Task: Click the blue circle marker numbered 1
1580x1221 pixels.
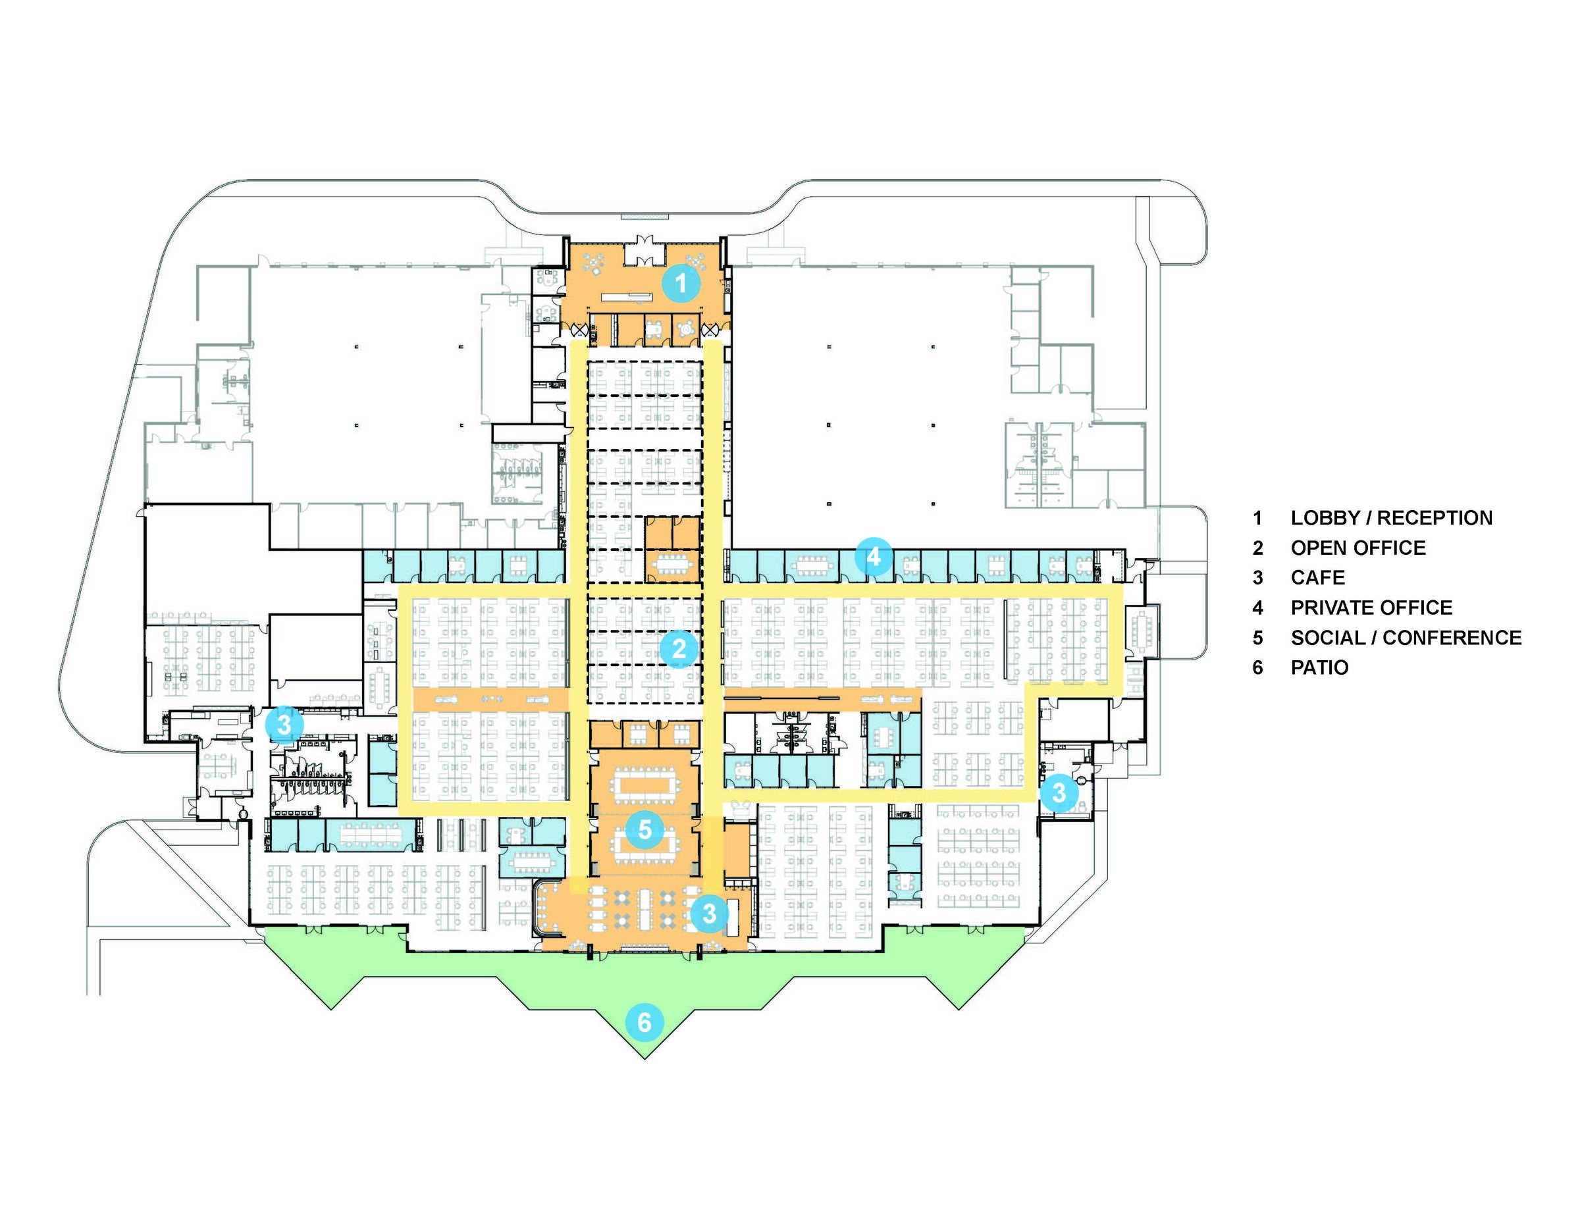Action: [x=681, y=284]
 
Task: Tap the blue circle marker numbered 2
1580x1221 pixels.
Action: [x=679, y=649]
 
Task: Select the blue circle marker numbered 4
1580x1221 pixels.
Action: [x=873, y=557]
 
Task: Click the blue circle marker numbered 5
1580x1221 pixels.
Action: [x=645, y=829]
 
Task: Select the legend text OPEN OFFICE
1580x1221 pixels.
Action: [x=1358, y=548]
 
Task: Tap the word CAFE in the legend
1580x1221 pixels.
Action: [x=1317, y=578]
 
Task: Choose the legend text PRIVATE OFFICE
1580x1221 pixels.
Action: [x=1371, y=608]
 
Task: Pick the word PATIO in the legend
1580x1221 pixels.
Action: [x=1319, y=667]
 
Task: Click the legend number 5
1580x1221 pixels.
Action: [x=1258, y=638]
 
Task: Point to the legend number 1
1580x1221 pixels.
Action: [x=1258, y=518]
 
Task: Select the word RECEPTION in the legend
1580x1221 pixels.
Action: [x=1435, y=518]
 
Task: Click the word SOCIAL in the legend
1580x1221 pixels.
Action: [x=1329, y=638]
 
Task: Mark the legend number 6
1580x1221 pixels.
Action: [x=1258, y=667]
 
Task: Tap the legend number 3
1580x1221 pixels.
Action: [x=1258, y=578]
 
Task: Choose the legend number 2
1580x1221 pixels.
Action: [x=1258, y=548]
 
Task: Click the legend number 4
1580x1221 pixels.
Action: [x=1258, y=608]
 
